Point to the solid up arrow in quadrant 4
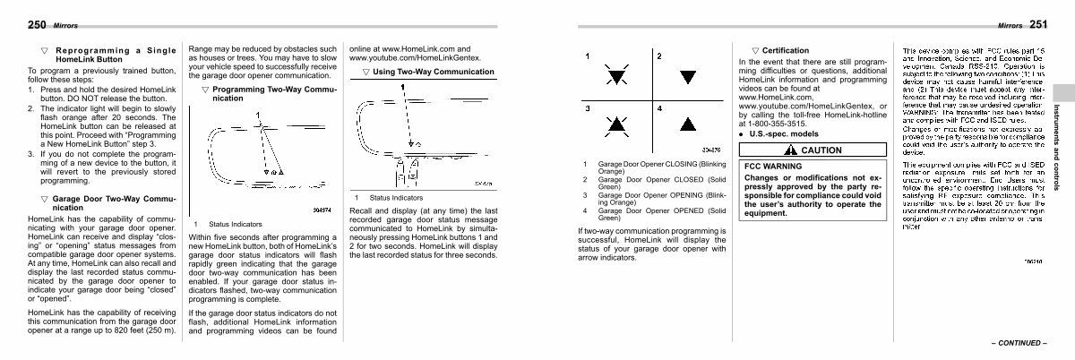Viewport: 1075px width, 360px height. coord(687,124)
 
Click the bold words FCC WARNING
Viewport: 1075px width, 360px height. coord(773,167)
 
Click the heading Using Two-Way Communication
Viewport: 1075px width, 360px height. coord(433,71)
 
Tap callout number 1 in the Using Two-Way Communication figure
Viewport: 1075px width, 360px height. coord(403,87)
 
